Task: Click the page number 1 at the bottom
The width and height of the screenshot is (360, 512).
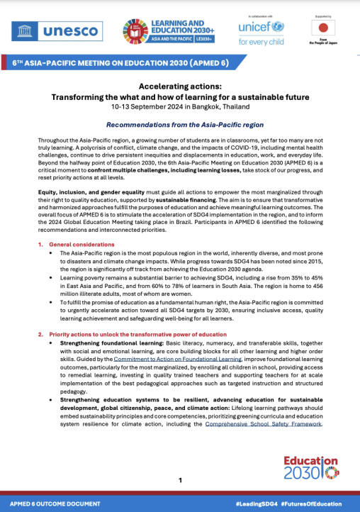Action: pyautogui.click(x=180, y=480)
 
